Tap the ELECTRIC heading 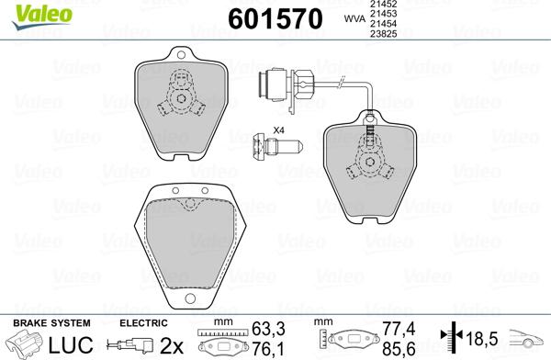[143, 323]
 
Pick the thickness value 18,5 [480, 338]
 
